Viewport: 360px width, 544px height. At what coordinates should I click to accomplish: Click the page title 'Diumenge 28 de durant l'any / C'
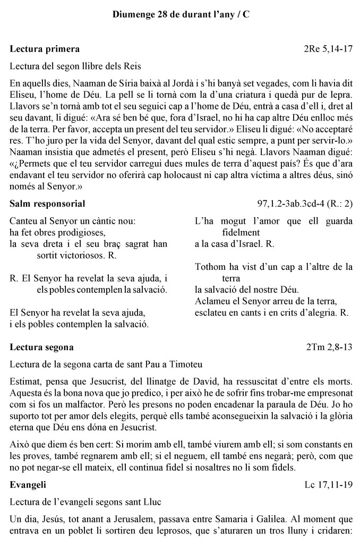tap(181, 15)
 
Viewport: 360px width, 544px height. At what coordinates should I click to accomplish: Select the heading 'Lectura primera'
tap(45, 49)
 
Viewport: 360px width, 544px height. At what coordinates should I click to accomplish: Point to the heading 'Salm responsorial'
tap(48, 204)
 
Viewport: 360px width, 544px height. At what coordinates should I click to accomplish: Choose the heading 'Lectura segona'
tap(42, 347)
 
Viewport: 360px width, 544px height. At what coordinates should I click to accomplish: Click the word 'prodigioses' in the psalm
tap(83, 232)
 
